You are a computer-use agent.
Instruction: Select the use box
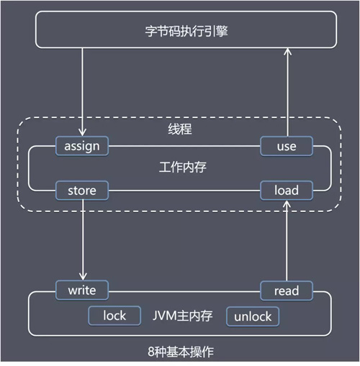pyautogui.click(x=287, y=147)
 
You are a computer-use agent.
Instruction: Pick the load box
pyautogui.click(x=287, y=191)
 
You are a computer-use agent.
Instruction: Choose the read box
pyautogui.click(x=287, y=290)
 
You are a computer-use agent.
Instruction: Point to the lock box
pyautogui.click(x=114, y=315)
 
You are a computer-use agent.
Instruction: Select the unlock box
pyautogui.click(x=253, y=315)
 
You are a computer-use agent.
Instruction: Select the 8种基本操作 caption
pyautogui.click(x=182, y=352)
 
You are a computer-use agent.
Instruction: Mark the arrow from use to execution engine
pyautogui.click(x=287, y=93)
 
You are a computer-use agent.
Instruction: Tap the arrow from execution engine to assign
pyautogui.click(x=82, y=93)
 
